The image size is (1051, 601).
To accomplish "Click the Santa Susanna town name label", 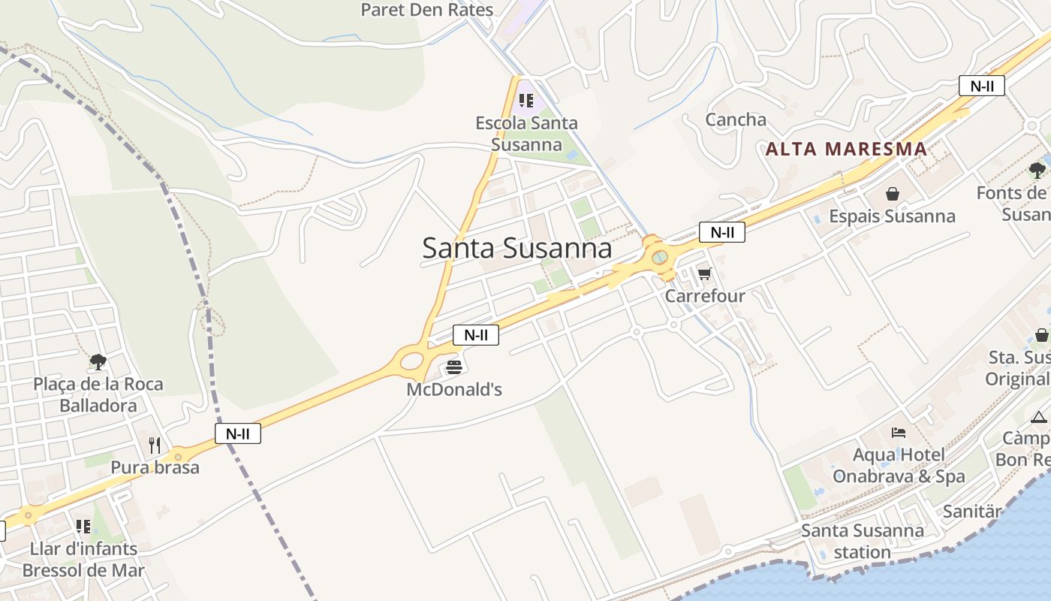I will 516,248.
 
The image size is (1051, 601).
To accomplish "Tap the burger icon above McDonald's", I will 453,367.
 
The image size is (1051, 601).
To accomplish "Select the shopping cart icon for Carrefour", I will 704,273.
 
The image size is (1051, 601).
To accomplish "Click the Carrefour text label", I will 705,295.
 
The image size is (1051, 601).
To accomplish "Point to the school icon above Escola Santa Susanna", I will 526,101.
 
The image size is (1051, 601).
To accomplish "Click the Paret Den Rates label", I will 427,10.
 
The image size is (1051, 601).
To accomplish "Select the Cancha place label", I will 736,119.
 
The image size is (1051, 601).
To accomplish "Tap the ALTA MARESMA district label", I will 846,149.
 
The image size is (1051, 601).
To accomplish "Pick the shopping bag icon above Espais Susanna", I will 892,195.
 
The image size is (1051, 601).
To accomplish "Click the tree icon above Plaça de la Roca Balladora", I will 98,362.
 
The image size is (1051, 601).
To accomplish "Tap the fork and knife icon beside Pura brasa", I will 155,445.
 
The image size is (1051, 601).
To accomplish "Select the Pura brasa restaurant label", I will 155,467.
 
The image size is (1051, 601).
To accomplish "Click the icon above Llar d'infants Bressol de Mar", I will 83,527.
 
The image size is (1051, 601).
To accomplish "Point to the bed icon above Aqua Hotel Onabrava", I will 899,433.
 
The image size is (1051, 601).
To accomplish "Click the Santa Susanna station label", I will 863,541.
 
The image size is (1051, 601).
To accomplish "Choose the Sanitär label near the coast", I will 972,512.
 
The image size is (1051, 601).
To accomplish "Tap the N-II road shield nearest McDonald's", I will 476,335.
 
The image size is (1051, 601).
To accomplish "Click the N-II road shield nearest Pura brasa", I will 238,433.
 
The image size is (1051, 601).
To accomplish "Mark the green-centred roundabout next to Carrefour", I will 659,258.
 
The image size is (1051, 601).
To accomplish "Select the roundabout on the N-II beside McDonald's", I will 411,361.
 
